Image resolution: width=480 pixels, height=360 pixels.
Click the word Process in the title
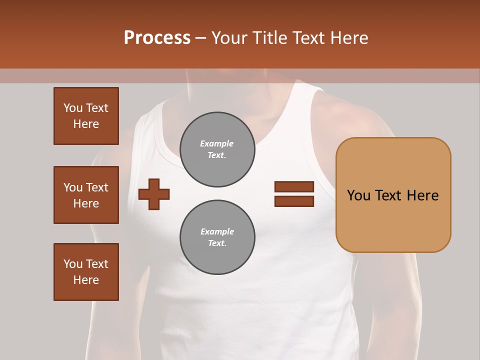tap(157, 38)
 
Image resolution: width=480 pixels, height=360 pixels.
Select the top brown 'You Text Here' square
tap(86, 116)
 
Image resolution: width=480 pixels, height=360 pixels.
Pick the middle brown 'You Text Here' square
tap(86, 195)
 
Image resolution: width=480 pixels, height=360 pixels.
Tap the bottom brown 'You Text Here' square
tap(86, 272)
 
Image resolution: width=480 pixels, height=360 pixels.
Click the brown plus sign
tap(154, 193)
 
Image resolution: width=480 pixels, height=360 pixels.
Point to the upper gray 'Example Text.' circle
tap(217, 149)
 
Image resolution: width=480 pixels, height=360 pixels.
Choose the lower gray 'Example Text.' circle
tap(217, 237)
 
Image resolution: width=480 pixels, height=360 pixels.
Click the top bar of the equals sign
tap(294, 187)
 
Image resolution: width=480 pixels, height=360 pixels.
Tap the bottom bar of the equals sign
tap(294, 201)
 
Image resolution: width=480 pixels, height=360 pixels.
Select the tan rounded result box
tap(393, 220)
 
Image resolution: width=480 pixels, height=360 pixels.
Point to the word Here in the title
tap(348, 38)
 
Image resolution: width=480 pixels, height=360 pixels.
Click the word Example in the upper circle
tap(216, 144)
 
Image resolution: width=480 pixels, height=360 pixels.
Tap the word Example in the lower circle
tap(217, 232)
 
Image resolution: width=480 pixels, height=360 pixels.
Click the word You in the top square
tap(73, 108)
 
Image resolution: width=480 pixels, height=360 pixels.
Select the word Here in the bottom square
tap(86, 280)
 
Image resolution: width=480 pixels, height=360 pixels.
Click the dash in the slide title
tap(200, 38)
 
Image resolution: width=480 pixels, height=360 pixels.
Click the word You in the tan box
tap(358, 195)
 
